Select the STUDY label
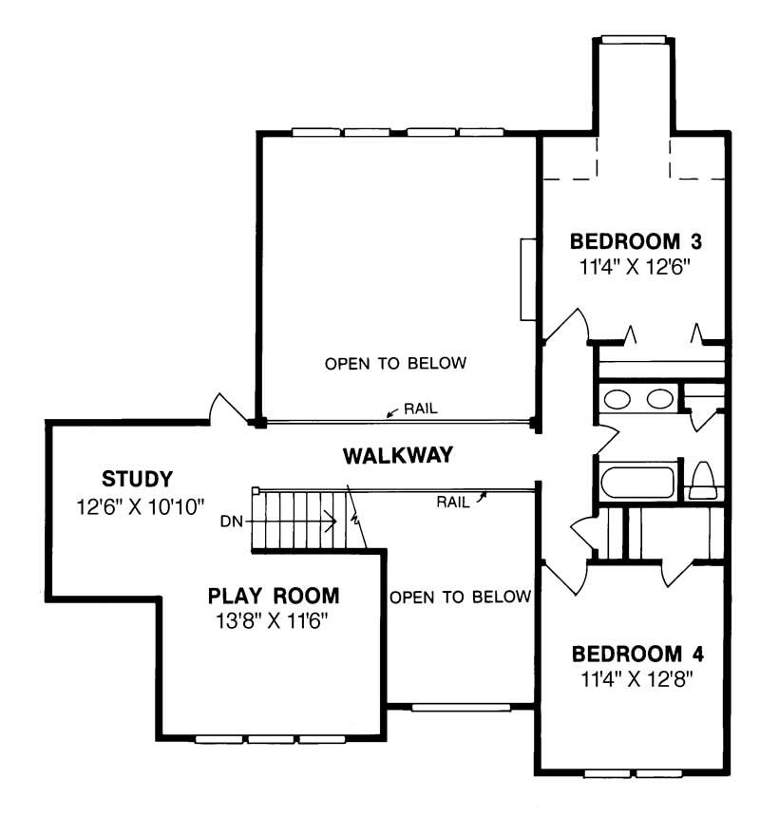click(137, 477)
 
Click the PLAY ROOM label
click(273, 597)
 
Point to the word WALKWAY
click(397, 455)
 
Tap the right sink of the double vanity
click(659, 399)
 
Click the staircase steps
click(304, 520)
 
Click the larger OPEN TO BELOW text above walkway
click(395, 364)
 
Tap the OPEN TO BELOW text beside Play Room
click(459, 597)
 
